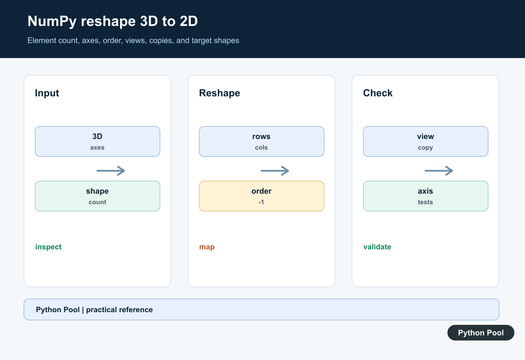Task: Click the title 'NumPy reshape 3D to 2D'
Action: (112, 21)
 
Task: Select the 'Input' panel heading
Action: (47, 93)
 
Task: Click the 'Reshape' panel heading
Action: (219, 93)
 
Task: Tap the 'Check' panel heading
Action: (378, 93)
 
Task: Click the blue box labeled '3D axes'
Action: (97, 141)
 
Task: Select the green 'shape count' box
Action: (97, 196)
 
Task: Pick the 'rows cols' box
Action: (261, 141)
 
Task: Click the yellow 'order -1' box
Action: (261, 196)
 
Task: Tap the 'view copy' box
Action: (426, 141)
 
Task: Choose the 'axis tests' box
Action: (426, 196)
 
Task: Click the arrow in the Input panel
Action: (111, 171)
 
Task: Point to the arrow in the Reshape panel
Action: (275, 171)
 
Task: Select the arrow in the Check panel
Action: (439, 171)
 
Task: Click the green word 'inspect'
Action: (48, 247)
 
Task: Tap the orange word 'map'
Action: (207, 247)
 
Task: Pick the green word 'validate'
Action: (377, 247)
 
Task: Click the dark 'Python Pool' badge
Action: (481, 333)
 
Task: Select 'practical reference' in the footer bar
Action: (119, 310)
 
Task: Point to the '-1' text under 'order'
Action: (261, 202)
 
